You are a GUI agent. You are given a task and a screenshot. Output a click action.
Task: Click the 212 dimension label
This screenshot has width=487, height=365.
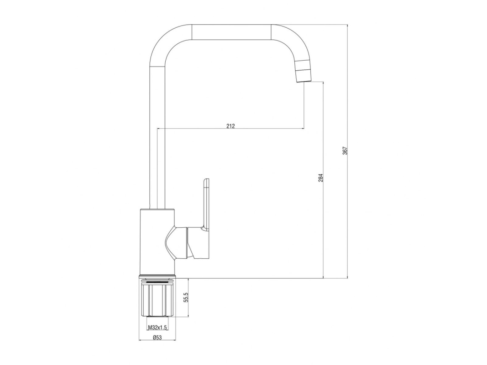tap(231, 126)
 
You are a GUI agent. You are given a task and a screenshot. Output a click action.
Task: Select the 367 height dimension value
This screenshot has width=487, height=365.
tap(345, 151)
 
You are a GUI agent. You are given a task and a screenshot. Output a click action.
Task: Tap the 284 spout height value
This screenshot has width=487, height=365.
tap(321, 177)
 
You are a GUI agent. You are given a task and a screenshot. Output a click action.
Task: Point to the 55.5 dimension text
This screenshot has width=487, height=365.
tap(186, 297)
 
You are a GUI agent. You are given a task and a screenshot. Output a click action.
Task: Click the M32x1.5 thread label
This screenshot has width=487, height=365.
tap(157, 327)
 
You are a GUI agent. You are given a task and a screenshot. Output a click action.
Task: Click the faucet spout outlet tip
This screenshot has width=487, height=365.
tap(303, 81)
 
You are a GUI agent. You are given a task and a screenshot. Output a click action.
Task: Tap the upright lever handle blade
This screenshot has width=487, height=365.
tap(206, 203)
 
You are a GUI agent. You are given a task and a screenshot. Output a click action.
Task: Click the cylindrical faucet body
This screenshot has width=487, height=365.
tap(157, 242)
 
